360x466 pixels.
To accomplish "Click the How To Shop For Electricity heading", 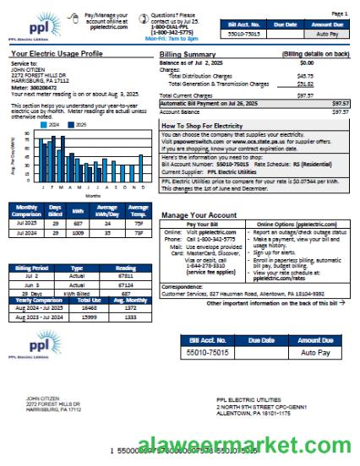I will tap(206, 125).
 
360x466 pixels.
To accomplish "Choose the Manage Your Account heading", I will tap(197, 214).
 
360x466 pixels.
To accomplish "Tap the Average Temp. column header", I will tap(138, 209).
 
